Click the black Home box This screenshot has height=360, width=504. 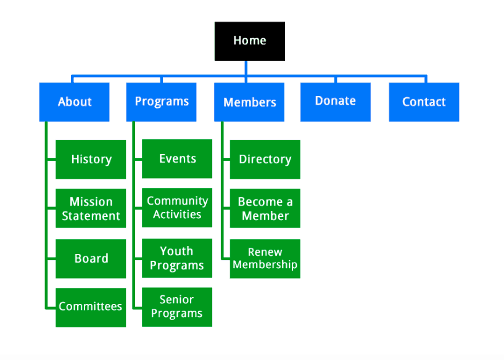click(x=250, y=41)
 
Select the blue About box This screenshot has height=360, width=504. click(x=74, y=102)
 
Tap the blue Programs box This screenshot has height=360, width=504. click(x=162, y=102)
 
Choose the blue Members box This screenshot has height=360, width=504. click(x=249, y=102)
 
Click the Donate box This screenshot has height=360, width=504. click(x=336, y=102)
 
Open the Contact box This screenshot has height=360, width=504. click(x=424, y=102)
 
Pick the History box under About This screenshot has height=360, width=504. click(x=91, y=159)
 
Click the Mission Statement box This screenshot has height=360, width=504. click(x=91, y=208)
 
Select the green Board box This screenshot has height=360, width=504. click(x=91, y=258)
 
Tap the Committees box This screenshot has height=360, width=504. click(x=91, y=308)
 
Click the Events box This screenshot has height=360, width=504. click(x=177, y=158)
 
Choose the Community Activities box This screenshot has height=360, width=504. click(x=177, y=208)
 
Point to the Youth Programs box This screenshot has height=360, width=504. click(x=177, y=258)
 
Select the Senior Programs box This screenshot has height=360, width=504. click(x=177, y=307)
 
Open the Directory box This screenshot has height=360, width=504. click(x=265, y=159)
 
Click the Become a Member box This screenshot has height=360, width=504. click(x=265, y=208)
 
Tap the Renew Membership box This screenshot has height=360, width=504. click(x=265, y=258)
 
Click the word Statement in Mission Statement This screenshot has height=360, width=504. click(x=91, y=216)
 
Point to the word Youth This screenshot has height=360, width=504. click(x=176, y=251)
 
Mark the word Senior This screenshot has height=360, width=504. click(x=176, y=300)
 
